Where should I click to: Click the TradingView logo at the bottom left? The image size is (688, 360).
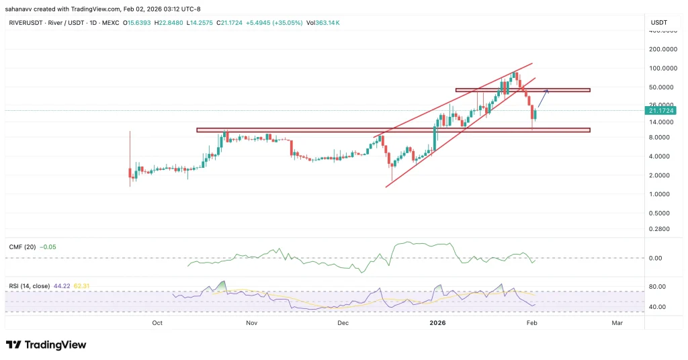(46, 345)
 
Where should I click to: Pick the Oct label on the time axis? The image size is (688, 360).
(157, 323)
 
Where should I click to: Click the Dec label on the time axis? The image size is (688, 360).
(343, 323)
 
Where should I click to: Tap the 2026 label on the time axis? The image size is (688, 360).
(437, 323)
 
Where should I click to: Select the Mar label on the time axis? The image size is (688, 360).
(617, 323)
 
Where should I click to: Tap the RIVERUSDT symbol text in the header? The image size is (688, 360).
(26, 22)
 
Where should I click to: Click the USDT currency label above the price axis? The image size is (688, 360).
(658, 22)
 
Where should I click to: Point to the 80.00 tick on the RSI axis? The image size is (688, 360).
(658, 287)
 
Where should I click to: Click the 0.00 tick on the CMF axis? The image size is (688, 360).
(656, 258)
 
